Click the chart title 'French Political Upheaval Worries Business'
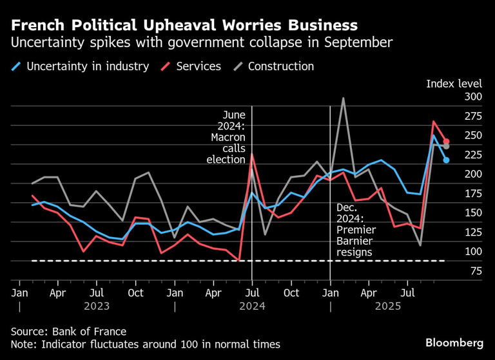coord(184,26)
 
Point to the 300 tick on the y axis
coord(472,97)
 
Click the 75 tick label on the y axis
coord(475,271)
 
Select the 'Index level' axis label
coord(454,84)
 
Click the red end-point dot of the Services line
coord(446,142)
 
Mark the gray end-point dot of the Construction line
coord(446,147)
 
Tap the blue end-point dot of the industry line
coord(446,160)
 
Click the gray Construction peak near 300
coord(344,99)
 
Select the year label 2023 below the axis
coord(96,307)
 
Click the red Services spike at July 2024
coord(252,155)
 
